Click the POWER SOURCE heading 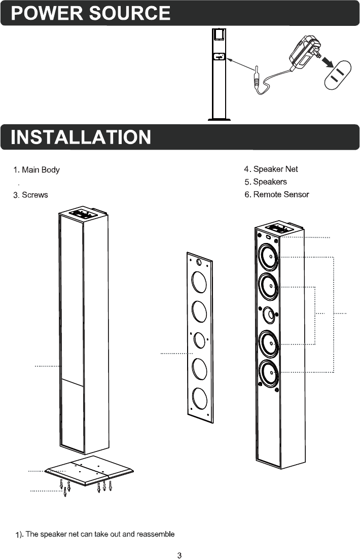[x=91, y=13]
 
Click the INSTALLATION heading [x=81, y=137]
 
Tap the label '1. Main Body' [x=37, y=169]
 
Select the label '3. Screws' [x=31, y=195]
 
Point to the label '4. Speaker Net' [x=271, y=169]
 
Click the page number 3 [x=179, y=554]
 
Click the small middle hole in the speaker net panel [x=200, y=339]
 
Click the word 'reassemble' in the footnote [x=156, y=534]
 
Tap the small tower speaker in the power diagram [x=219, y=74]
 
